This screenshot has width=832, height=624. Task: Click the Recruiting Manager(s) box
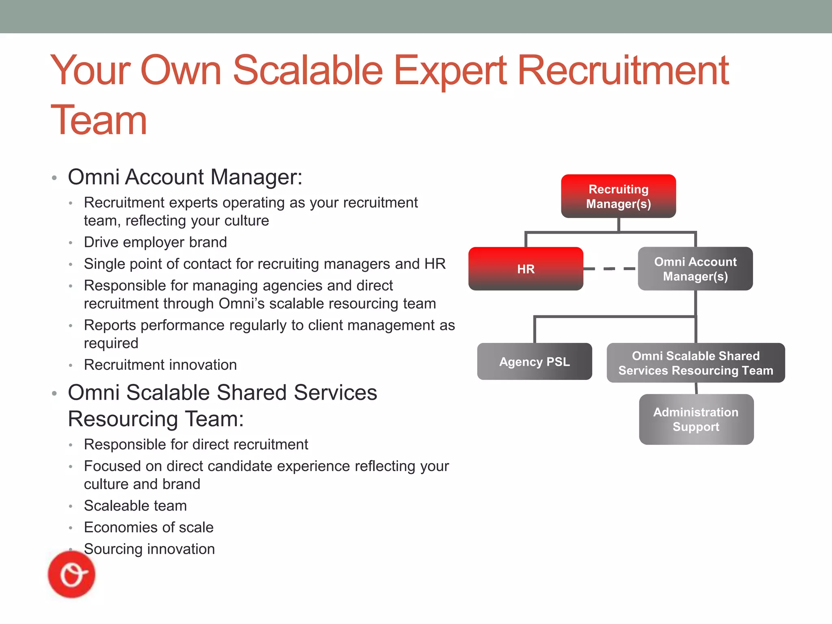618,196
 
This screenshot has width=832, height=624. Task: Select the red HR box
526,269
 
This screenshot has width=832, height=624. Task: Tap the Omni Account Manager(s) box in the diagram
695,269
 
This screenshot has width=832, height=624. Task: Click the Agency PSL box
534,362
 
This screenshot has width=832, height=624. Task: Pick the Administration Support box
696,419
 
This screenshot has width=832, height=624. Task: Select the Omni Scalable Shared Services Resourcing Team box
695,363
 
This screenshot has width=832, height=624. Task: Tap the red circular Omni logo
71,574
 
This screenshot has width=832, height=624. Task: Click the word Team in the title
99,120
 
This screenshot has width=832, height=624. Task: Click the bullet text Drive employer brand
155,242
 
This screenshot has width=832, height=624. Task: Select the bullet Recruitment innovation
160,365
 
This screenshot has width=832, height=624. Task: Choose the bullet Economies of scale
149,527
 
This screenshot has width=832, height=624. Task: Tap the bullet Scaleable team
135,506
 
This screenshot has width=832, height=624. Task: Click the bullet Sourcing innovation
149,549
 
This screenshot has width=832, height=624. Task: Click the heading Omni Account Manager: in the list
185,177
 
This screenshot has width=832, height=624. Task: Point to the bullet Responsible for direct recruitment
196,444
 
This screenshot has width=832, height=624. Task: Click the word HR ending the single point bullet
435,264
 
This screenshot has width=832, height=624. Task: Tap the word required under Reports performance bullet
111,343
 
